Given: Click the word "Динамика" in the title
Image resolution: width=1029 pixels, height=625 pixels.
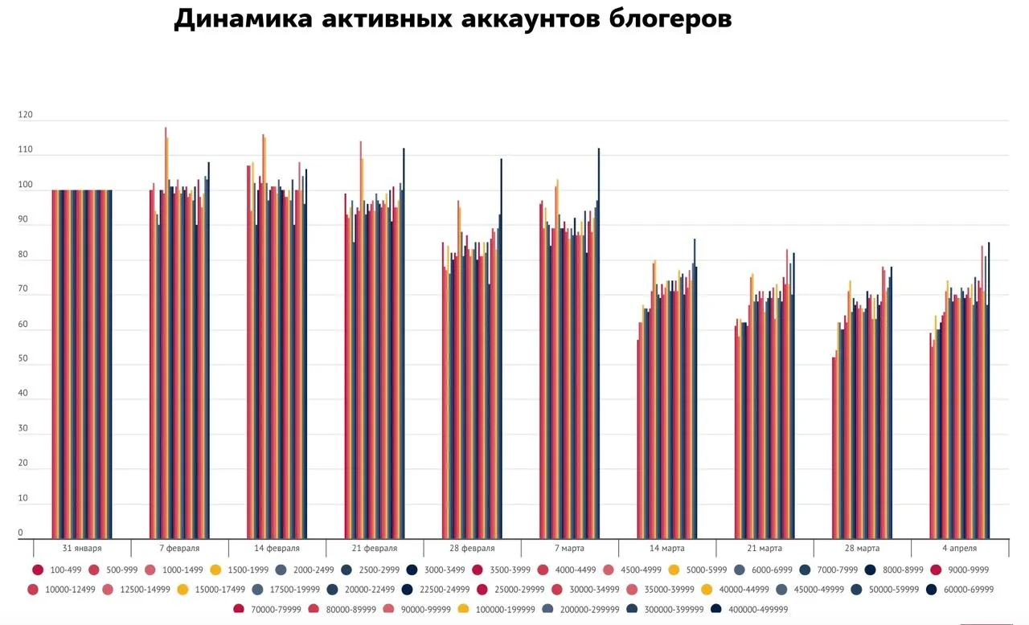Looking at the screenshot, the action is pyautogui.click(x=244, y=19).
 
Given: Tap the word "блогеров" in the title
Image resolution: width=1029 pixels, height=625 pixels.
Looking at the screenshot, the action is pyautogui.click(x=670, y=20).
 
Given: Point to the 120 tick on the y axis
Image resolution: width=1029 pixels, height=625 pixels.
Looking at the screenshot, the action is pyautogui.click(x=25, y=115).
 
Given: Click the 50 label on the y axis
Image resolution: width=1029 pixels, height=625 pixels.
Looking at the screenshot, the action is pyautogui.click(x=23, y=358).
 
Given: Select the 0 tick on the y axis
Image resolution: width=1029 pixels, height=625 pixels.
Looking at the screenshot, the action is pyautogui.click(x=20, y=533).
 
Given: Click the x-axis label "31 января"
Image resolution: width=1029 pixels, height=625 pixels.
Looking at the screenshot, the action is pyautogui.click(x=82, y=548).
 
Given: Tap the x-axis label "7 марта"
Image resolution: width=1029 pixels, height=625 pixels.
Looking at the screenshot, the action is pyautogui.click(x=569, y=548).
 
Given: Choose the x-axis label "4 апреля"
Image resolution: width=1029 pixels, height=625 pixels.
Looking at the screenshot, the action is pyautogui.click(x=960, y=548).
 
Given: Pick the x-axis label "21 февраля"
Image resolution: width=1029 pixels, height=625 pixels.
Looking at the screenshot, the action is pyautogui.click(x=375, y=548).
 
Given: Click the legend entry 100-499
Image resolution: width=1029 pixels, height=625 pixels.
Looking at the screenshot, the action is pyautogui.click(x=57, y=570).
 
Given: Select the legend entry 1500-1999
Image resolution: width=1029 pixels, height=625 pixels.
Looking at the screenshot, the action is pyautogui.click(x=240, y=570).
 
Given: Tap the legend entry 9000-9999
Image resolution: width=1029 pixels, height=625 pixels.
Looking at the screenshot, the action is pyautogui.click(x=959, y=570).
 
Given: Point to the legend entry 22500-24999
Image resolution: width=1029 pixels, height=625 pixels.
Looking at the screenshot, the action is pyautogui.click(x=436, y=590).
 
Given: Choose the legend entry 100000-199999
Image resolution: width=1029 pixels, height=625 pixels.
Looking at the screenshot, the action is pyautogui.click(x=497, y=610).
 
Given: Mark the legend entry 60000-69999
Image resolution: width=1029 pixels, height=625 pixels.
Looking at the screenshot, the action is pyautogui.click(x=960, y=590).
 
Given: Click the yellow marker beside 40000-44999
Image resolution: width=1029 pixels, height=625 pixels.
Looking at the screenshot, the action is pyautogui.click(x=707, y=590).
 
